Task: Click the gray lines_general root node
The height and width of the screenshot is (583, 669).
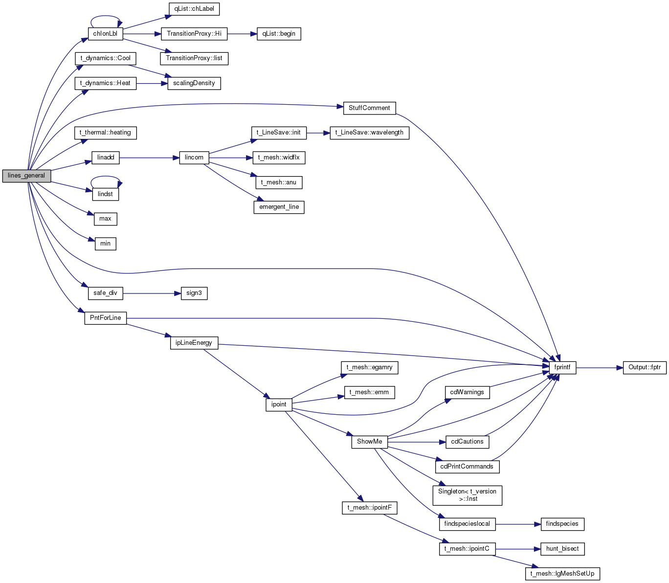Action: click(26, 176)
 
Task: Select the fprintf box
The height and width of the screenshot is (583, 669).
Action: click(562, 367)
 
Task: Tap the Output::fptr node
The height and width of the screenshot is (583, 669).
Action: click(645, 367)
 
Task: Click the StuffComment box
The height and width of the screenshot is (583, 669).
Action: click(370, 108)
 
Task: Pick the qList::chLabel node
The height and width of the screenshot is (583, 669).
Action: click(194, 9)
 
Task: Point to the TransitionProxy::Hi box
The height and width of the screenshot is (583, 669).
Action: click(194, 34)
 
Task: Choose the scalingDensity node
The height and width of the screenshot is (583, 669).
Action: click(194, 83)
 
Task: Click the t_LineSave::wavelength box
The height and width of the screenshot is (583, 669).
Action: click(370, 133)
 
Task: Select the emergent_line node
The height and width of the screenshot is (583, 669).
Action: click(279, 207)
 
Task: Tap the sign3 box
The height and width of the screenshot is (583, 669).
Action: click(194, 293)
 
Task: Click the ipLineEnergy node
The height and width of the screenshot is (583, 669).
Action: click(194, 343)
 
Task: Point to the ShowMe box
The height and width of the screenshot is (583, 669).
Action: click(370, 442)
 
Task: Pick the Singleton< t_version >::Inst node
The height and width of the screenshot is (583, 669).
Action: click(467, 495)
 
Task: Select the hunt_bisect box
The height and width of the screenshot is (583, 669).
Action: click(562, 549)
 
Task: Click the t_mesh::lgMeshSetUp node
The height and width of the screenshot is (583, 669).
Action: click(562, 574)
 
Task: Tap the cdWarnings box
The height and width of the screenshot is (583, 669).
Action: click(467, 392)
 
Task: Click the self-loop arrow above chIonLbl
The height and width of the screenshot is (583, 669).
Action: click(105, 16)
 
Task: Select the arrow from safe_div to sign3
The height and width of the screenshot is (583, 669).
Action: click(152, 293)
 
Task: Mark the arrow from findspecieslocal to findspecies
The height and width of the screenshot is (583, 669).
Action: click(518, 524)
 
